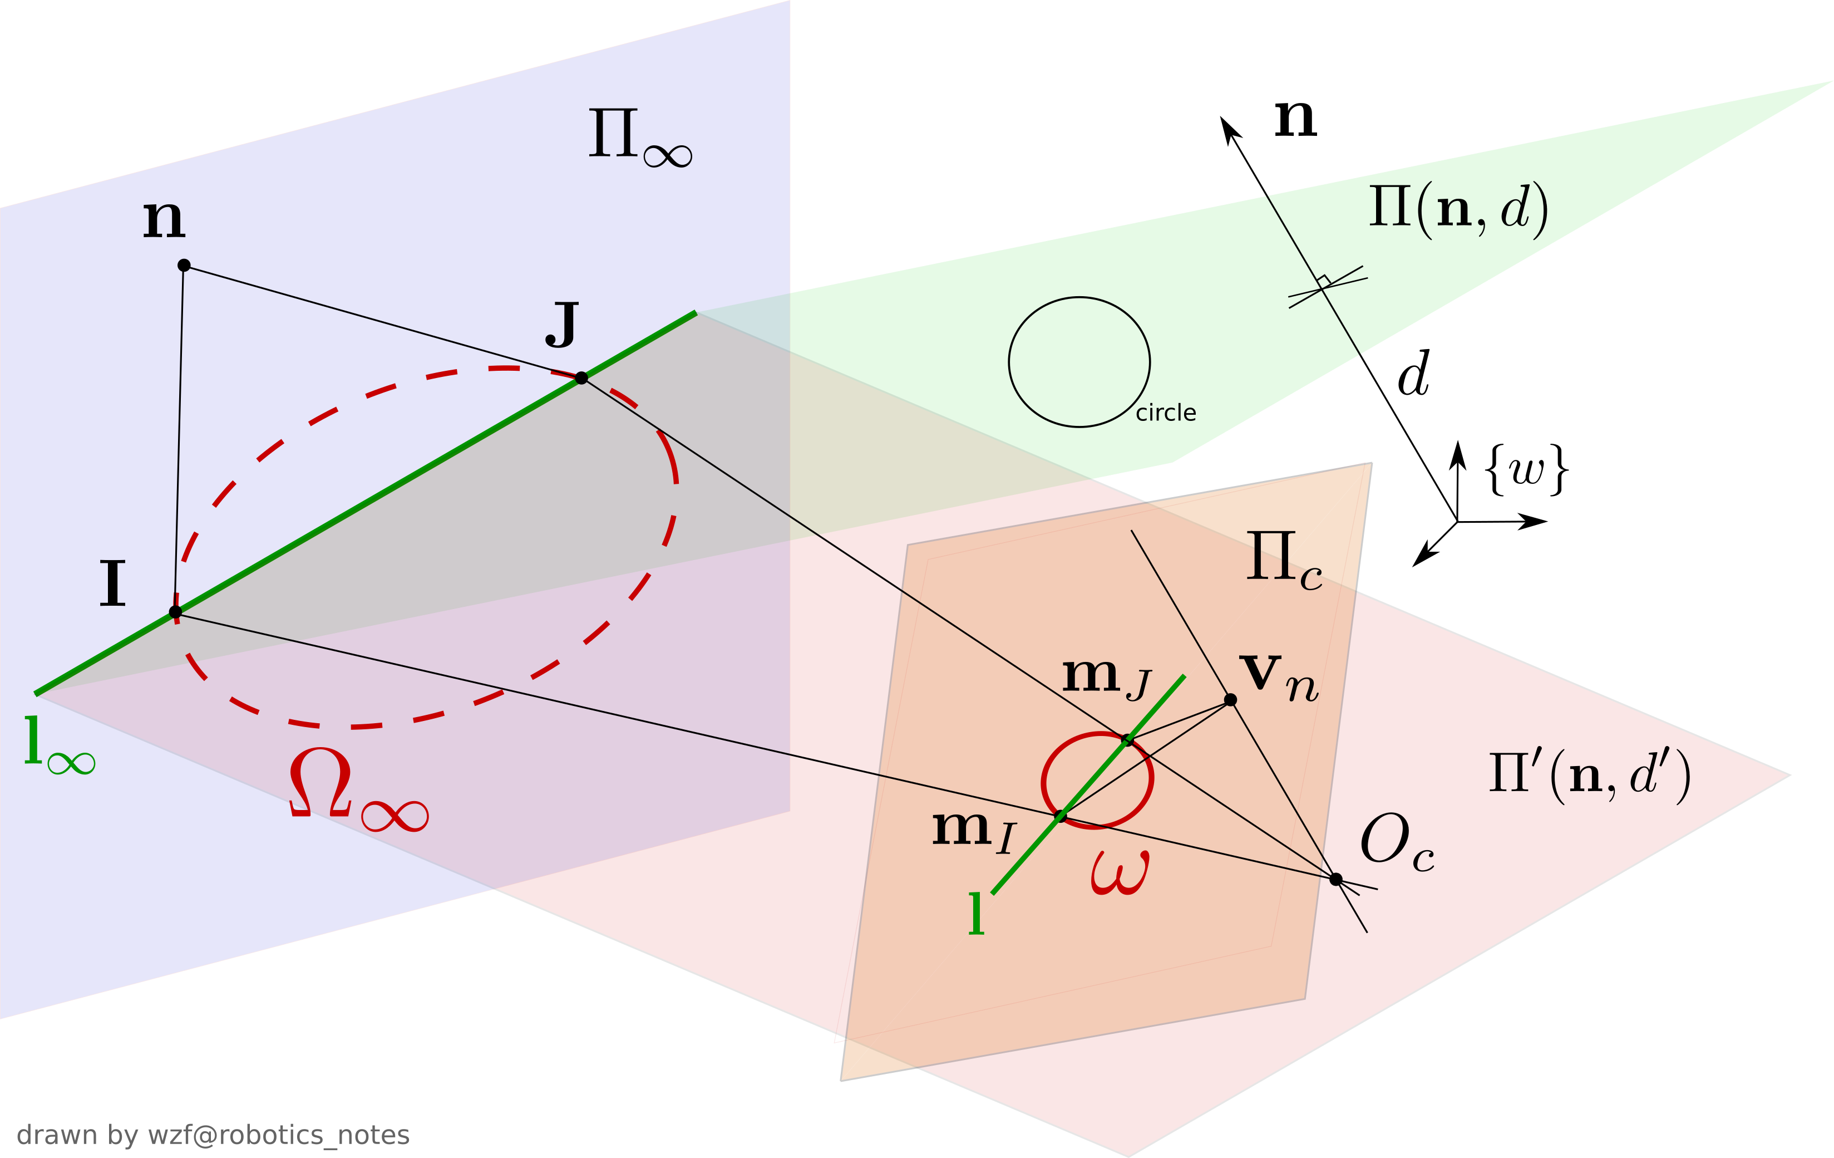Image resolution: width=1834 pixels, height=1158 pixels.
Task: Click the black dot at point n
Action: (184, 265)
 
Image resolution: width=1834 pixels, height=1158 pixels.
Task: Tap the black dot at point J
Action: (581, 378)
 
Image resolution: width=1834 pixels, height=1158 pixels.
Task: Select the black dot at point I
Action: (175, 612)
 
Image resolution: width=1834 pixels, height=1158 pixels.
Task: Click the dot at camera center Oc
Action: (1336, 879)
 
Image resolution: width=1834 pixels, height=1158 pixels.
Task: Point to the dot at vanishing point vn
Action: (1230, 699)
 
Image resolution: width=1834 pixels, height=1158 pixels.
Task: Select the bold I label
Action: (113, 585)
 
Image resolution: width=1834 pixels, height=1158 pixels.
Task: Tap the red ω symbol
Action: (1120, 873)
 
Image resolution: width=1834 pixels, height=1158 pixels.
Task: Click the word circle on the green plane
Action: (1165, 413)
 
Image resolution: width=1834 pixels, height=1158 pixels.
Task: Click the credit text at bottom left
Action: (213, 1135)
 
